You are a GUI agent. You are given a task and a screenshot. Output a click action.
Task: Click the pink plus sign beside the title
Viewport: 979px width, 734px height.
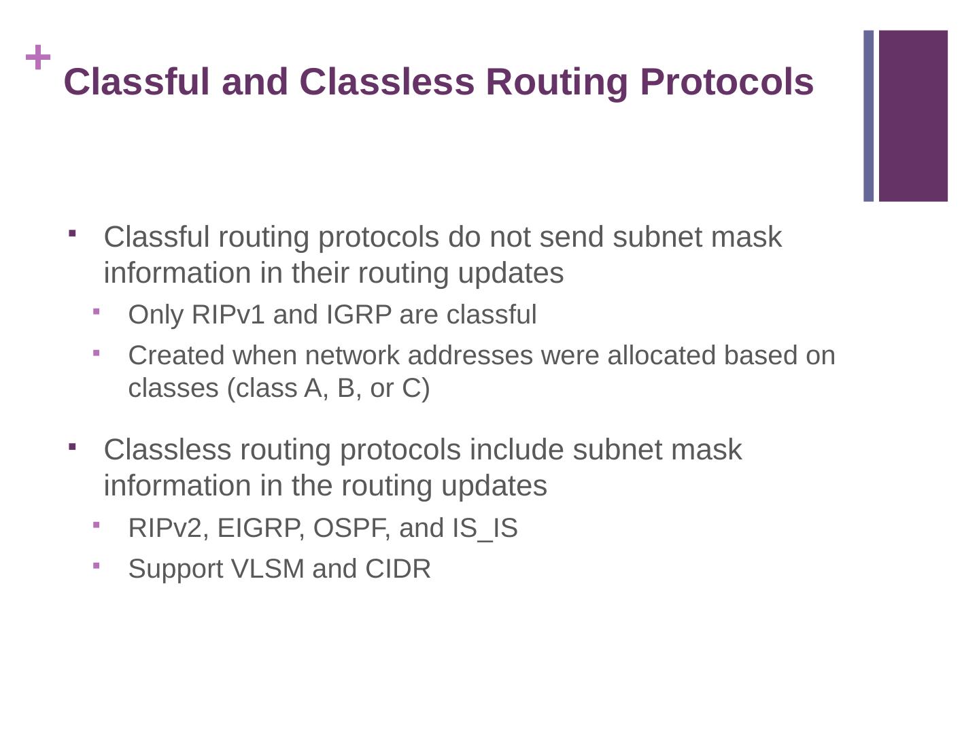tap(38, 58)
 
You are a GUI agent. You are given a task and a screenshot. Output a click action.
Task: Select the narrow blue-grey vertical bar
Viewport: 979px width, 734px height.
tap(868, 116)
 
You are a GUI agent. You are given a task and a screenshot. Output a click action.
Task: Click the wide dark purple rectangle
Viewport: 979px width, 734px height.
tap(913, 116)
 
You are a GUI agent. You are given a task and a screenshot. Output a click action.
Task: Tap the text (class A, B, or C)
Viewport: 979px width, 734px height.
tap(328, 388)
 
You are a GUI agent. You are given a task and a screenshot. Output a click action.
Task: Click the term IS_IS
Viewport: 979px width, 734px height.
tap(485, 528)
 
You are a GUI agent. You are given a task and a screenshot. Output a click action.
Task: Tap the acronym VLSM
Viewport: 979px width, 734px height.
tap(268, 569)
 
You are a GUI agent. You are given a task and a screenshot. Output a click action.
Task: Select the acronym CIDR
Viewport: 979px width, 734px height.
tap(398, 569)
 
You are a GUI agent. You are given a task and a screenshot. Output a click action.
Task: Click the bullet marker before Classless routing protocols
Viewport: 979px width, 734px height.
tap(72, 447)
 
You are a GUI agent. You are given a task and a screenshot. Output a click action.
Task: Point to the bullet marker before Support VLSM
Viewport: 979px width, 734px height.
tap(97, 565)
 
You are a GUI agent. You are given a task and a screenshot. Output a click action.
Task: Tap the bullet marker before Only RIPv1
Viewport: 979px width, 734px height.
tap(97, 311)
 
